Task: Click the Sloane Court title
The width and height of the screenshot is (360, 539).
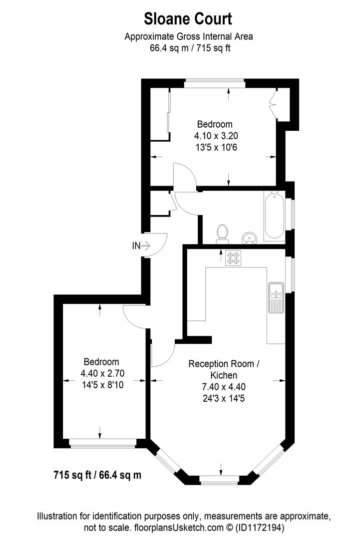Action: pyautogui.click(x=188, y=19)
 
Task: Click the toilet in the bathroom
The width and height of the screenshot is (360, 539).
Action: pyautogui.click(x=223, y=233)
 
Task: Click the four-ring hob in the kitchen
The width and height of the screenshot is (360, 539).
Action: pyautogui.click(x=233, y=258)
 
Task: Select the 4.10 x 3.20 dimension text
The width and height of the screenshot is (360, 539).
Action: pyautogui.click(x=214, y=135)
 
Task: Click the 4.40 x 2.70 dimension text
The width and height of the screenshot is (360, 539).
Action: pyautogui.click(x=101, y=373)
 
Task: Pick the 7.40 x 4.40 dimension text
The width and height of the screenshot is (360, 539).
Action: pyautogui.click(x=223, y=386)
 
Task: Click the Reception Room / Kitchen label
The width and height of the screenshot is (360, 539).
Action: pyautogui.click(x=223, y=369)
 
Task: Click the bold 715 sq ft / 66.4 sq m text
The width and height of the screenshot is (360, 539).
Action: pyautogui.click(x=97, y=475)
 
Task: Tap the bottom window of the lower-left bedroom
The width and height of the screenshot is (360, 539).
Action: pyautogui.click(x=102, y=442)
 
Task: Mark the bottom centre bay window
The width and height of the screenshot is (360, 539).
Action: pyautogui.click(x=219, y=480)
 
